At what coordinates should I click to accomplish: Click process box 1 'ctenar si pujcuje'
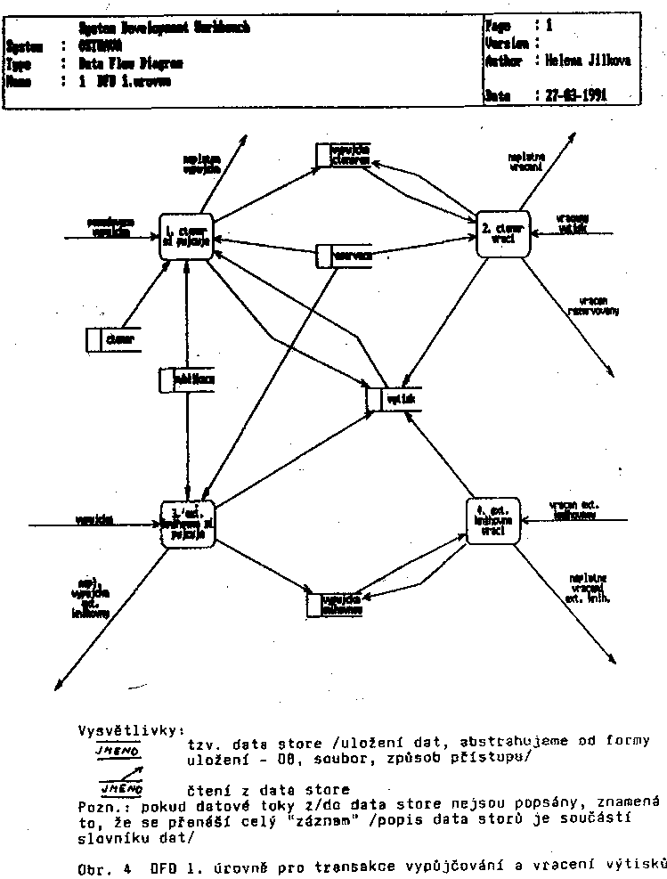pos(185,237)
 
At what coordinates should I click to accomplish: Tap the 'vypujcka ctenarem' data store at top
pos(343,154)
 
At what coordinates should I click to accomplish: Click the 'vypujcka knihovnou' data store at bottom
pos(336,605)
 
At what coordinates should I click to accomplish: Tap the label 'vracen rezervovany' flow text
pos(593,306)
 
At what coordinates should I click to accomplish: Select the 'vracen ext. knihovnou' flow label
pos(574,509)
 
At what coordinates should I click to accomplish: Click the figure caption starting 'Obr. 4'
pos(365,865)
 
